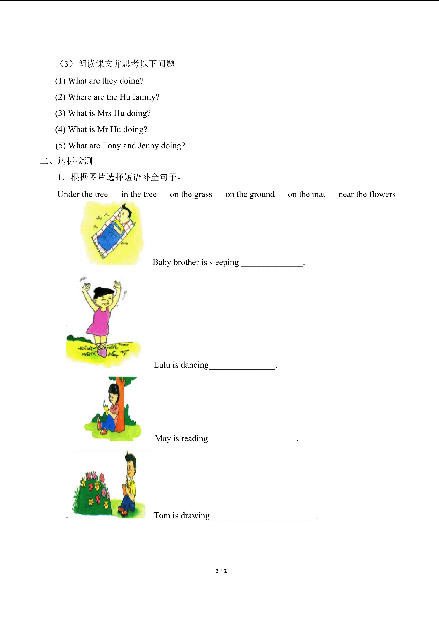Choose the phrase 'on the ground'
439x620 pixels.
pyautogui.click(x=250, y=194)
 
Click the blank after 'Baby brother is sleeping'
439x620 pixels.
pyautogui.click(x=272, y=263)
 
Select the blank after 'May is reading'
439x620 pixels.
pyautogui.click(x=252, y=440)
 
